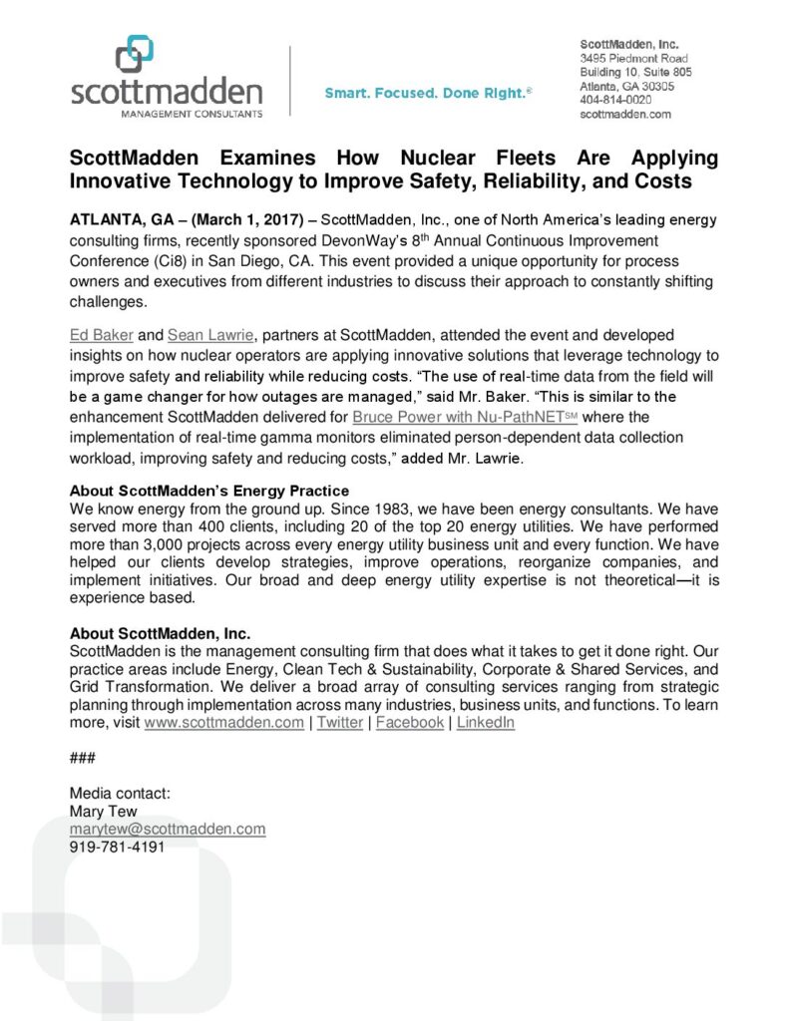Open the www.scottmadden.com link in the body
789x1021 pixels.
(224, 723)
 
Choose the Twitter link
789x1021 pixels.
(340, 723)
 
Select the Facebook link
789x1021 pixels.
(410, 723)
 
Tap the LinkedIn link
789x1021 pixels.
(486, 723)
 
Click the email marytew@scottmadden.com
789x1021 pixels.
(168, 830)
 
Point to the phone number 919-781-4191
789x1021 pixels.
(117, 847)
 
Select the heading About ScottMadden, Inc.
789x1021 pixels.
(160, 634)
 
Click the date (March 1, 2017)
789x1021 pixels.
(247, 219)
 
